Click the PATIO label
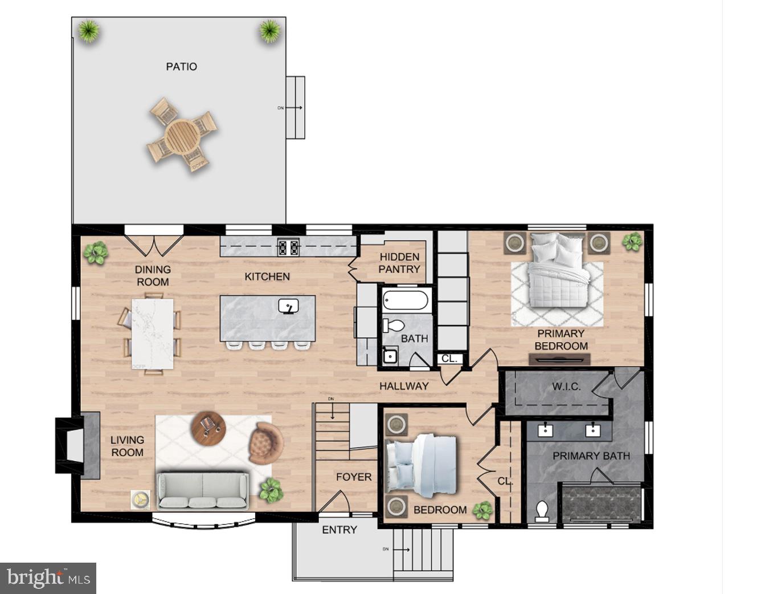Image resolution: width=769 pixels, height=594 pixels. point(181,67)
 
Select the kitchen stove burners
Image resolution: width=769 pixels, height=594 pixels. point(288,247)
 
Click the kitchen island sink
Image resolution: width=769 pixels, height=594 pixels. point(289,307)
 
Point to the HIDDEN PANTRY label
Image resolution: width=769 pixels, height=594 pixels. point(399,263)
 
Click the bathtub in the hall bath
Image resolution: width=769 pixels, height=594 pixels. point(406,300)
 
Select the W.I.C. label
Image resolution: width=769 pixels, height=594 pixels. point(566,386)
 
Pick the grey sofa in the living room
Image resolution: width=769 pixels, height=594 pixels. point(202,490)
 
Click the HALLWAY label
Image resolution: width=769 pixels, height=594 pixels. point(404,386)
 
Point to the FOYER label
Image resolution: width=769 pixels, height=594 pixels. point(353,477)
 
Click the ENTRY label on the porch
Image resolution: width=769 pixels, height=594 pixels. point(339,530)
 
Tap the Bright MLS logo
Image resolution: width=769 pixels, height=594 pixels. point(48,578)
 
